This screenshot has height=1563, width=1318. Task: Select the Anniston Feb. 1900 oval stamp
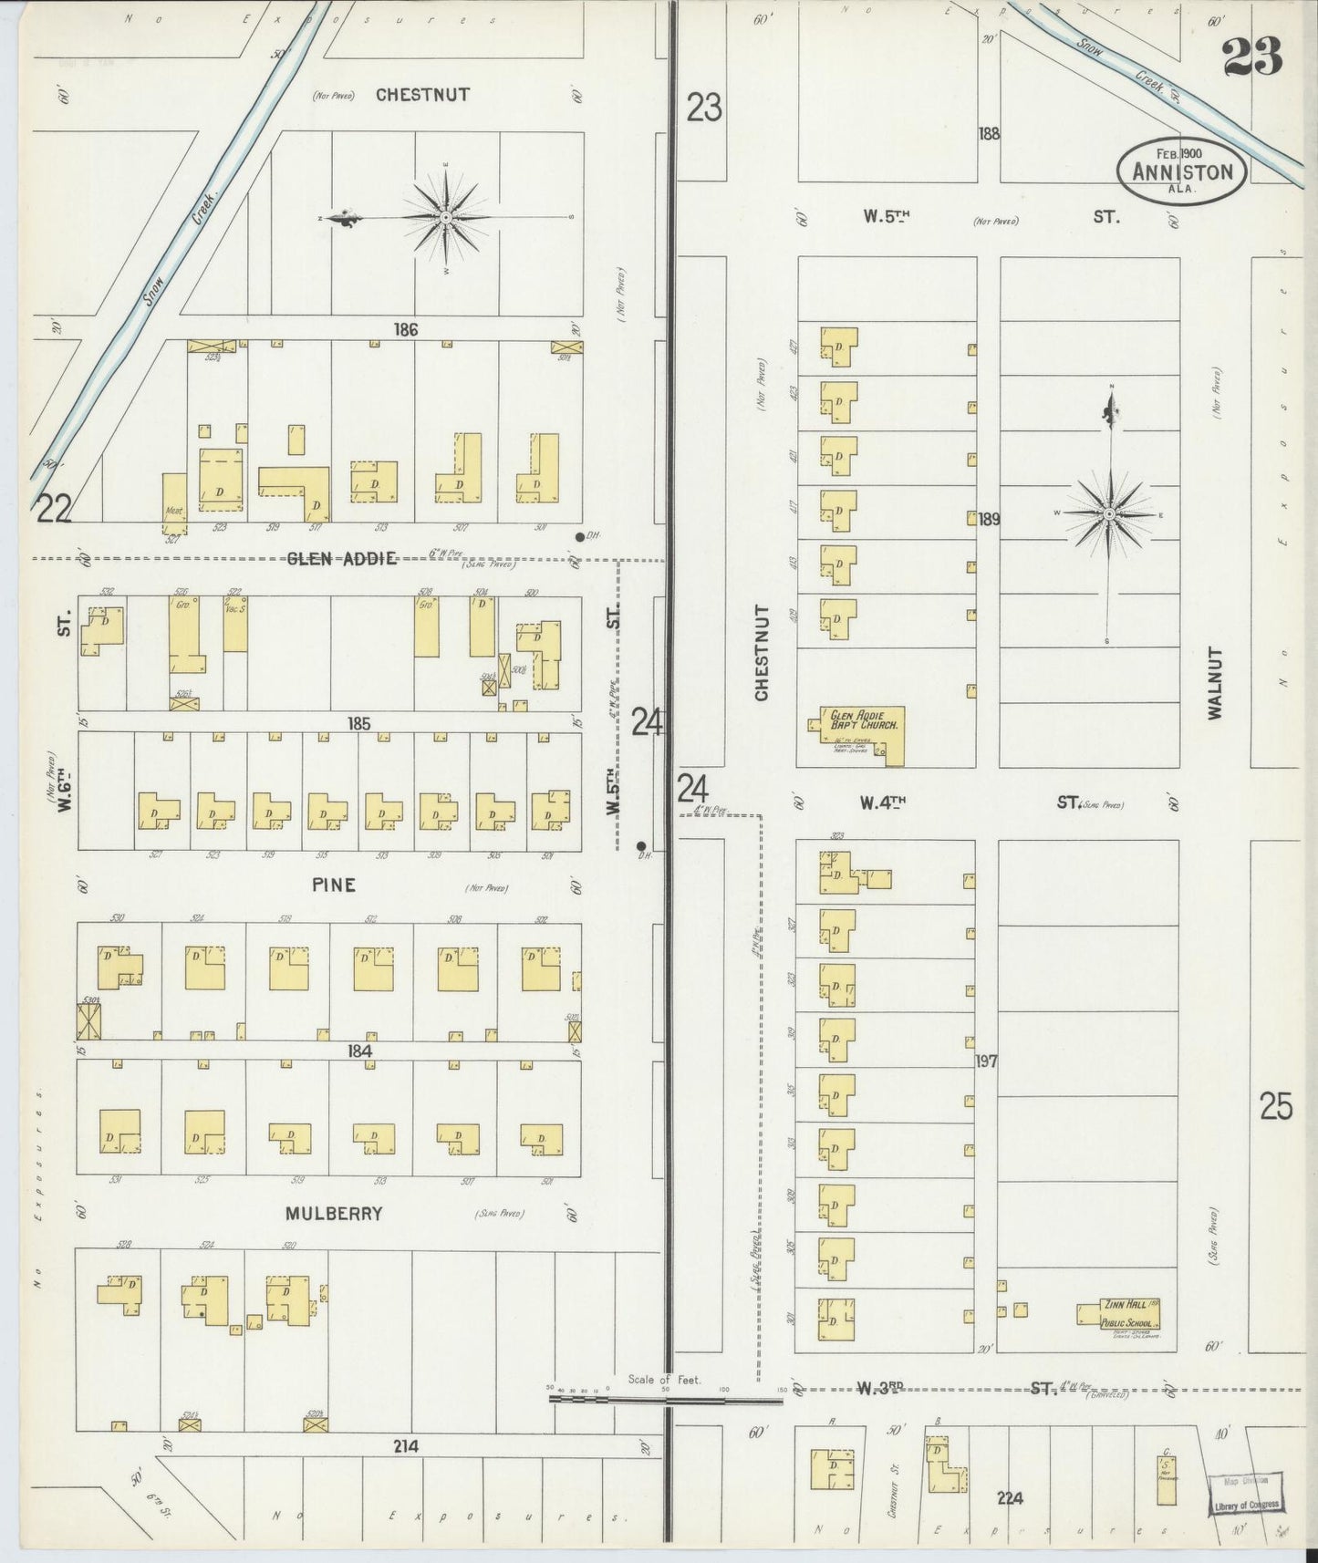point(1182,171)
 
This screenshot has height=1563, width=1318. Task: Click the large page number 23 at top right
point(1251,58)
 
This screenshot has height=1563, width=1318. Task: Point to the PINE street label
point(333,885)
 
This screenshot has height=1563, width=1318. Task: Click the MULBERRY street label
point(333,1214)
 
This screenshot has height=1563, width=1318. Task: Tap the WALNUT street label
point(1214,684)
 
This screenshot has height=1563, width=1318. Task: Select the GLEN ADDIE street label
point(342,559)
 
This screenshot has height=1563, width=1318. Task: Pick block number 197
point(986,1061)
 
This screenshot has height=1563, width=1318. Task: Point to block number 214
point(406,1446)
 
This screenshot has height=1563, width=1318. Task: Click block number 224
point(1010,1498)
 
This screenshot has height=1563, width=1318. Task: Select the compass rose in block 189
point(1109,514)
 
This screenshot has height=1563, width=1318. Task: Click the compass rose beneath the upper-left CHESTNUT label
point(445,218)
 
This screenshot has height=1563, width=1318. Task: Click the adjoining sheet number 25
point(1276,1107)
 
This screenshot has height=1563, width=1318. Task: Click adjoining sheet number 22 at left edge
point(53,508)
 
